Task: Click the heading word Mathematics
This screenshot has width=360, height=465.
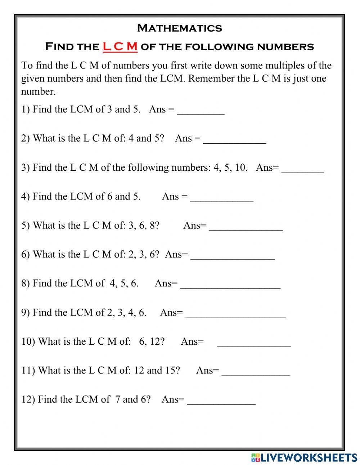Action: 180,28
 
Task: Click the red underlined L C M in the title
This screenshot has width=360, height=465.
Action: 120,46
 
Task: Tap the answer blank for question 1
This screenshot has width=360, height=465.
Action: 201,110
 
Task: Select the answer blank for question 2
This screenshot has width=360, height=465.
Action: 235,139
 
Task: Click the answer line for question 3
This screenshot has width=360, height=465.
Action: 302,169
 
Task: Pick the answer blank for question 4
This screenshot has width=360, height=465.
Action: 222,197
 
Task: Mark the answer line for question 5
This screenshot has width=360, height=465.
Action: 246,227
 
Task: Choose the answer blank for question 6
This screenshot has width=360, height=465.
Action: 233,255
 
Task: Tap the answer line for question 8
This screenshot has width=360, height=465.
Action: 230,285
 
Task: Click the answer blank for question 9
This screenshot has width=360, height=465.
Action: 235,314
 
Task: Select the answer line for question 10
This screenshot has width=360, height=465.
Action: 254,343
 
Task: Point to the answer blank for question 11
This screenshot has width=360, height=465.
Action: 256,372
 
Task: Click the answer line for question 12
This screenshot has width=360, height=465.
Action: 221,401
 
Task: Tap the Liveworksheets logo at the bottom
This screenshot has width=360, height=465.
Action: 304,457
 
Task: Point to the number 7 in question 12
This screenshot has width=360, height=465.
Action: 117,399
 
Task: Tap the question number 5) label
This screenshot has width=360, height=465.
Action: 26,225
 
